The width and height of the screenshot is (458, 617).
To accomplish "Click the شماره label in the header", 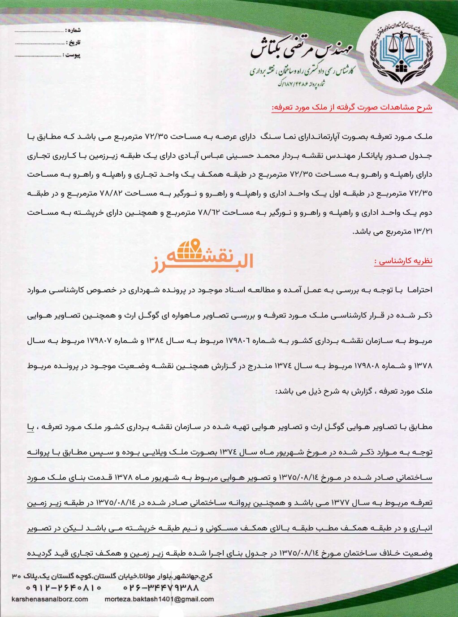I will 73,30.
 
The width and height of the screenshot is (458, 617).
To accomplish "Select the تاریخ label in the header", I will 73,43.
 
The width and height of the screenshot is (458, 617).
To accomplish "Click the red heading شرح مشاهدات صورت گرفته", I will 352,108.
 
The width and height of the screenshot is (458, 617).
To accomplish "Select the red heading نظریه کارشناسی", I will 403,261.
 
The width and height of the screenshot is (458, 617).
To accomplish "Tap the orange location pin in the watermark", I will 195,245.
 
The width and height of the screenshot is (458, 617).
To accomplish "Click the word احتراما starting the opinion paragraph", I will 419,290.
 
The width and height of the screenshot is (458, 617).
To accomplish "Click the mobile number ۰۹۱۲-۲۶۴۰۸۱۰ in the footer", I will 64,587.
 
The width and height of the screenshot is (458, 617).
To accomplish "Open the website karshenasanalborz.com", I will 50,599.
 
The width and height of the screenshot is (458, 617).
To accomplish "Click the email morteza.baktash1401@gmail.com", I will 159,599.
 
